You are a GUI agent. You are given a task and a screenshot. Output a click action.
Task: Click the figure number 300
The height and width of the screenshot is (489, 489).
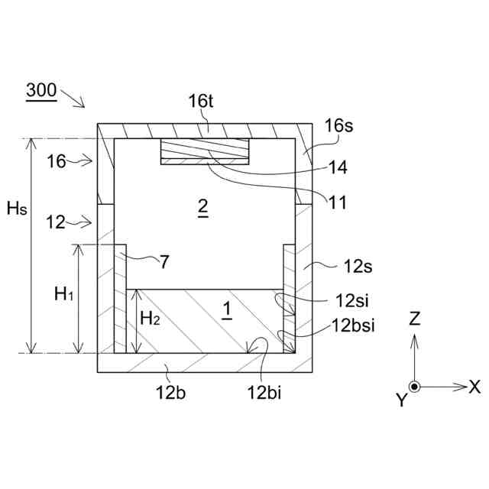pyautogui.click(x=40, y=90)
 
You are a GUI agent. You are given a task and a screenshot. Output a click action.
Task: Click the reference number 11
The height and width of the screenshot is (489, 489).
pyautogui.click(x=336, y=202)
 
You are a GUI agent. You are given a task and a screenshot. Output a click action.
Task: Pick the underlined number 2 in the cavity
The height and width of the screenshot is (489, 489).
pyautogui.click(x=202, y=207)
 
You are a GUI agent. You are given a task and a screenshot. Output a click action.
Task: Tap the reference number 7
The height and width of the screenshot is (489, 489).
pyautogui.click(x=165, y=261)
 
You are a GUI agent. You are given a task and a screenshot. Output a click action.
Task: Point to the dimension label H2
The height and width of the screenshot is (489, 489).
pyautogui.click(x=150, y=318)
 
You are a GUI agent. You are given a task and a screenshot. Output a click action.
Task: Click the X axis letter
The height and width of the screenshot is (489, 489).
pyautogui.click(x=474, y=387)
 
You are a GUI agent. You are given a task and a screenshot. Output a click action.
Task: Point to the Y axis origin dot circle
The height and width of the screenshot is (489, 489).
pyautogui.click(x=414, y=387)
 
